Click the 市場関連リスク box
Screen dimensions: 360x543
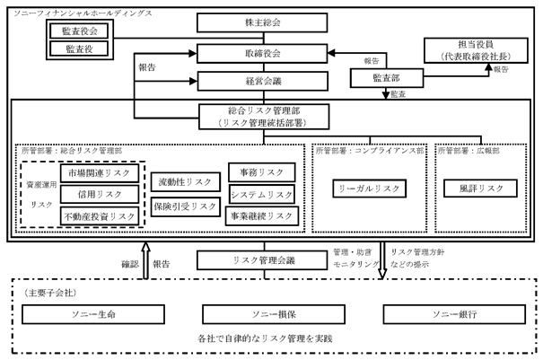click(100, 172)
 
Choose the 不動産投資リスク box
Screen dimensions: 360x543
click(100, 215)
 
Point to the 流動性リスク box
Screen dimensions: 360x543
click(184, 181)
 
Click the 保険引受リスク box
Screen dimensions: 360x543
click(184, 206)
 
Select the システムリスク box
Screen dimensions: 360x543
click(261, 195)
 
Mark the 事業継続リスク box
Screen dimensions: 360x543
click(261, 216)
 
